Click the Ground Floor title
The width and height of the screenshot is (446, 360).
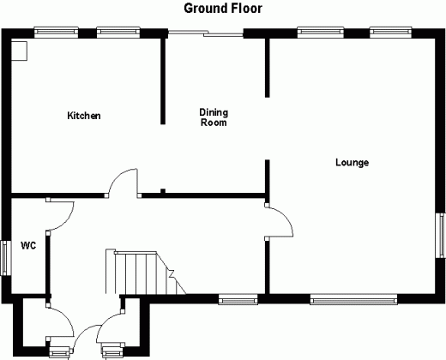click(223, 9)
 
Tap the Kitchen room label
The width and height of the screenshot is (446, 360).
click(84, 116)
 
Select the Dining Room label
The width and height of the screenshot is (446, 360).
click(214, 117)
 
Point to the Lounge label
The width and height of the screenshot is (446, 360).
click(352, 163)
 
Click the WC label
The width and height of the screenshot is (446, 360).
click(28, 245)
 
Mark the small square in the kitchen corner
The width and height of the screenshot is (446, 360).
click(19, 51)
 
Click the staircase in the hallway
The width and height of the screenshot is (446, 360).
click(146, 272)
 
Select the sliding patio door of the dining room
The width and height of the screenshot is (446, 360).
click(206, 33)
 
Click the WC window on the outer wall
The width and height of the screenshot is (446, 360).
click(6, 258)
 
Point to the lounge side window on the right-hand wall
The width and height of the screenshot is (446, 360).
click(441, 236)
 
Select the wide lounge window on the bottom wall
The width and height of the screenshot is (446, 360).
click(353, 300)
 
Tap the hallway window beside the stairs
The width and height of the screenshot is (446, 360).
click(238, 300)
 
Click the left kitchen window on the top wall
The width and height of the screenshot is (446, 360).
click(56, 33)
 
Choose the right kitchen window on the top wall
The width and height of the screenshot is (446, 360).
click(118, 33)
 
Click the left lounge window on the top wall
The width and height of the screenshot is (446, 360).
click(321, 33)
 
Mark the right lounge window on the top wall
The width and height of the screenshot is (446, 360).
click(391, 33)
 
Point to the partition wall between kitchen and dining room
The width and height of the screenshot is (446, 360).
click(163, 81)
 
